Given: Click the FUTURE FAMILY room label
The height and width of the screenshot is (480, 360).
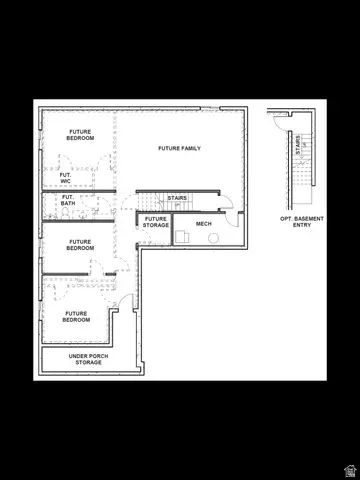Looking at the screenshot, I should click(x=179, y=148).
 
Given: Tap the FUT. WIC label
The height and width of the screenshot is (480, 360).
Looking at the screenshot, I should click(x=65, y=177).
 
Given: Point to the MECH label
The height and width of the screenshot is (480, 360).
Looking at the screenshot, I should click(x=204, y=223).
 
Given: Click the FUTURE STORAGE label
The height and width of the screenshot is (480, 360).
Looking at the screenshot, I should click(x=155, y=222).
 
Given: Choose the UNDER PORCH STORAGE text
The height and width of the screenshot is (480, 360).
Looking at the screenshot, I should click(x=88, y=359).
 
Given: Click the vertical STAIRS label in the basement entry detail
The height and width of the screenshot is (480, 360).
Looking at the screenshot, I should click(x=297, y=146).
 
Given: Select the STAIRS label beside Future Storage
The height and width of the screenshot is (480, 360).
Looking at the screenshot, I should click(x=177, y=198).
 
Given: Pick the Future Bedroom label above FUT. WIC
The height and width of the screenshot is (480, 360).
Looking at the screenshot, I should click(x=81, y=134).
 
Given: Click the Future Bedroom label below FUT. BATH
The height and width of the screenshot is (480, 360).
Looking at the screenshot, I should click(x=81, y=244).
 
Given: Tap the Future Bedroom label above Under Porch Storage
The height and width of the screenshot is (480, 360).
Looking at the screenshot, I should click(x=77, y=316).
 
